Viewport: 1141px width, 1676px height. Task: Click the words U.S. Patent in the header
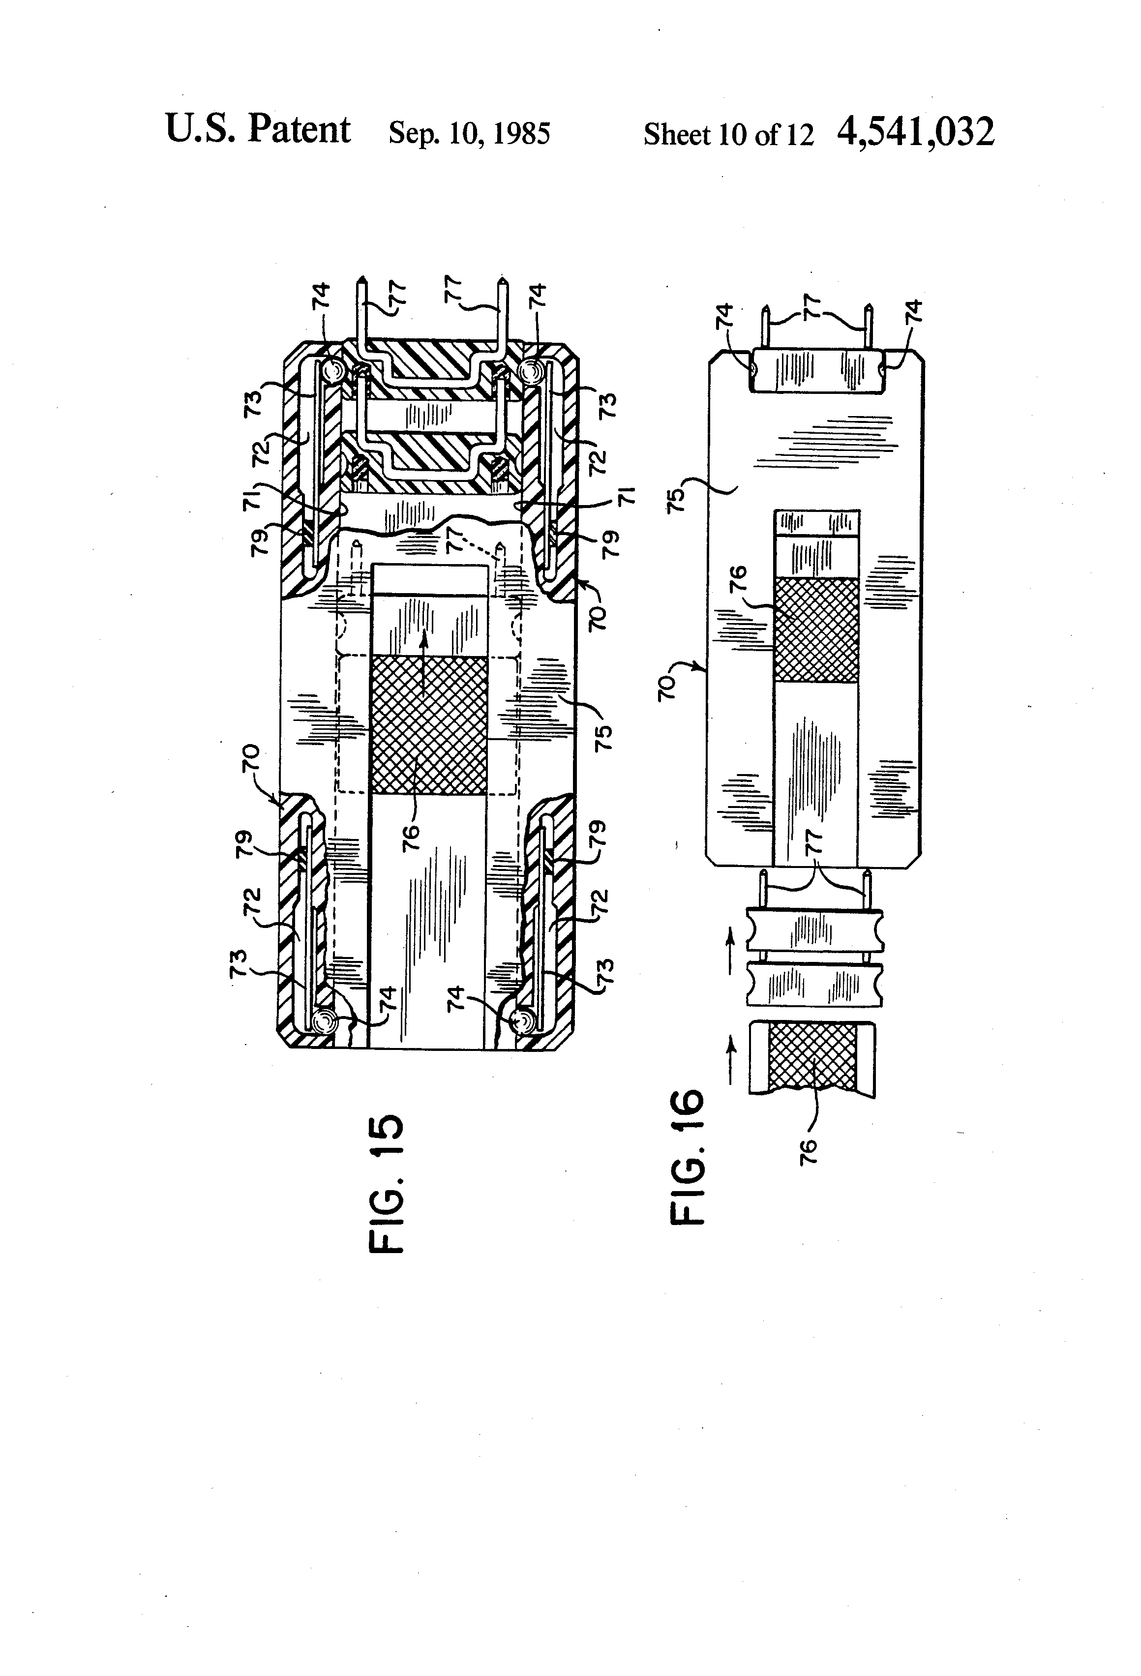click(258, 130)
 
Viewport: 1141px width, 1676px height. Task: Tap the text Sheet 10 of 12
click(728, 135)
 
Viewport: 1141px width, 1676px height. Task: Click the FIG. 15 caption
click(387, 1183)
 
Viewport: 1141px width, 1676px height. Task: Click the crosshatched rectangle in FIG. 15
click(428, 725)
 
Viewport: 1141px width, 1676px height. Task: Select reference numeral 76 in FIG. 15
click(410, 838)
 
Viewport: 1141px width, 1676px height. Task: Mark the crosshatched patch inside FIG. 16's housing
click(815, 629)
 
